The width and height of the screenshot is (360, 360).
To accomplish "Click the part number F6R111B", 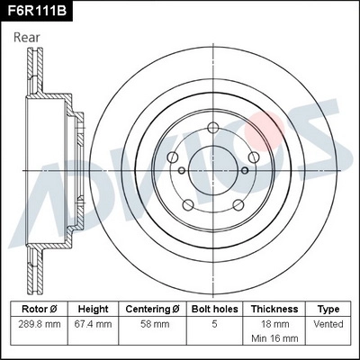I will point(36,10).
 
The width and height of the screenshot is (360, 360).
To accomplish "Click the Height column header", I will point(93,308).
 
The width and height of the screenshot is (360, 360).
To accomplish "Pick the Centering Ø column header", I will point(151,308).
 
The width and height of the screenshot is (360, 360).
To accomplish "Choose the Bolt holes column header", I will point(212,308).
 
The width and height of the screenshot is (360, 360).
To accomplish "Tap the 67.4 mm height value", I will point(93,322).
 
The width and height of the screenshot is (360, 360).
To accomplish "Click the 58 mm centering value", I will point(151,322).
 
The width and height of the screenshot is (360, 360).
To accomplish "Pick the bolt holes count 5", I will point(212,322).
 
